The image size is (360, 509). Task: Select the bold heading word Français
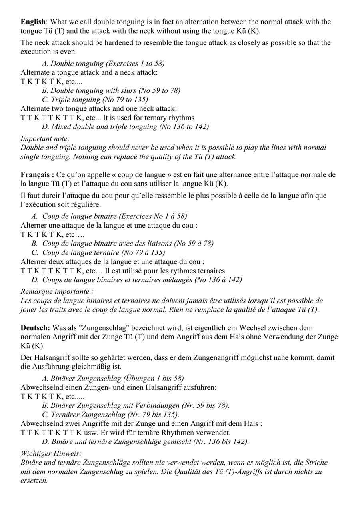36,175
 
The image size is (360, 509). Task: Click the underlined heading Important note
44,139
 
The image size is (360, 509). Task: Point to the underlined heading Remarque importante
57,292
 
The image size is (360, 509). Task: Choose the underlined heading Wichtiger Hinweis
50,453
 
